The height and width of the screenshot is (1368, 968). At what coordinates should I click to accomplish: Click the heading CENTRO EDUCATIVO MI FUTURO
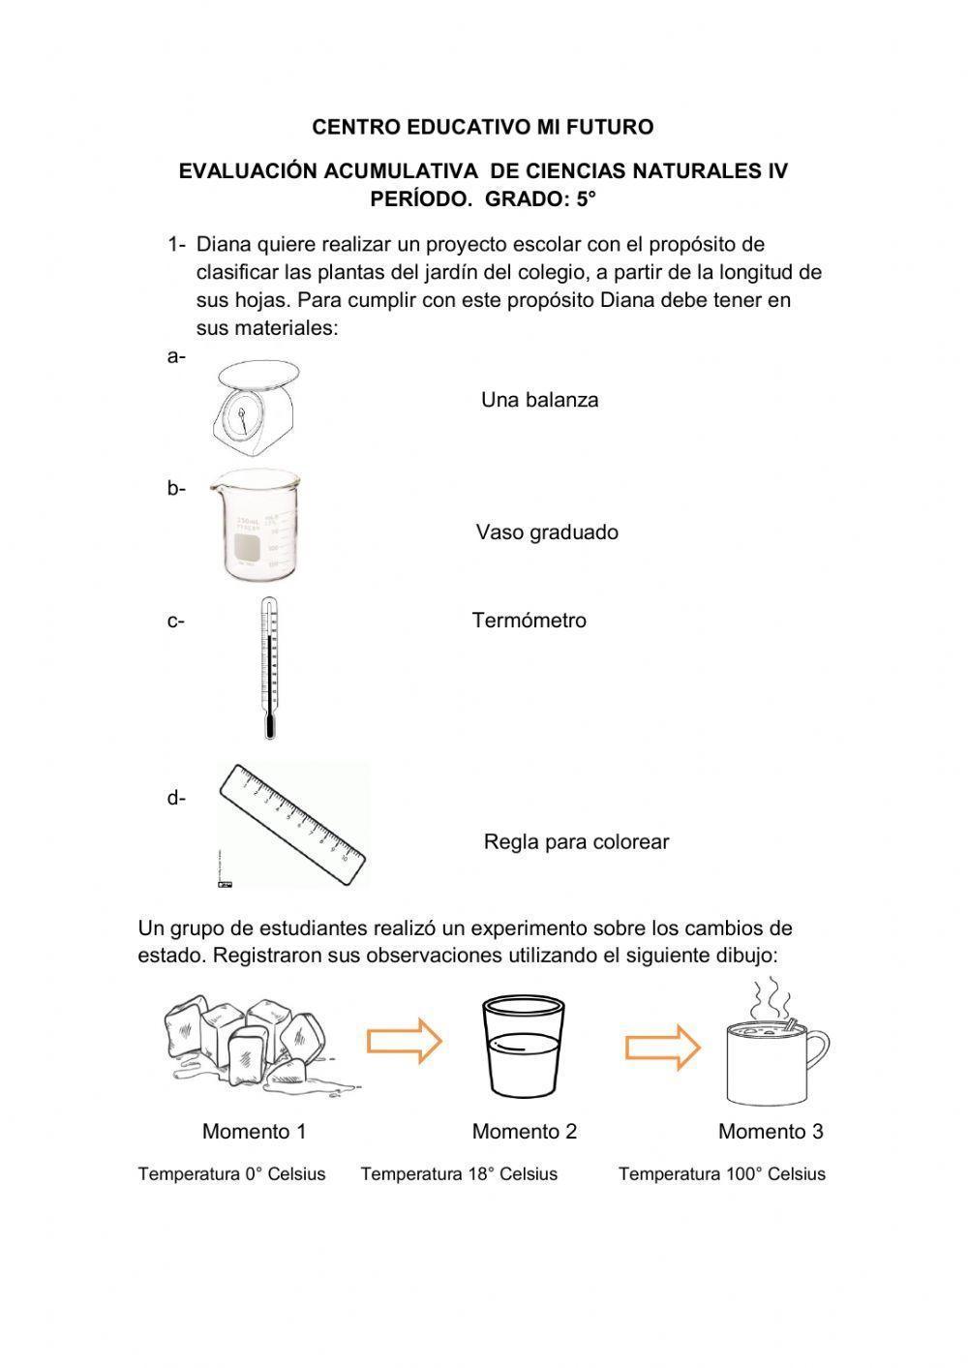pyautogui.click(x=482, y=127)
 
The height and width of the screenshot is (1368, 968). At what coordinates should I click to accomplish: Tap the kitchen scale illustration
pyautogui.click(x=253, y=410)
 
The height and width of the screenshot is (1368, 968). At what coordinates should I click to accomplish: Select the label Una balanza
pyautogui.click(x=539, y=400)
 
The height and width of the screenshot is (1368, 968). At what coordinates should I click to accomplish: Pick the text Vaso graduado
pyautogui.click(x=546, y=532)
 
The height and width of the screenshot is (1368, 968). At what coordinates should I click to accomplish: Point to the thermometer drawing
pyautogui.click(x=268, y=668)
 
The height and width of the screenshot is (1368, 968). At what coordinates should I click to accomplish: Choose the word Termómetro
pyautogui.click(x=529, y=621)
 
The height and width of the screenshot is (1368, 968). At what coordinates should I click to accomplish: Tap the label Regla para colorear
pyautogui.click(x=576, y=842)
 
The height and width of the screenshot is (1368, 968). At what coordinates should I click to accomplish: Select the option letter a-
pyautogui.click(x=175, y=357)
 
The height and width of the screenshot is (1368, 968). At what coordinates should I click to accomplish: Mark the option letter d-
pyautogui.click(x=175, y=799)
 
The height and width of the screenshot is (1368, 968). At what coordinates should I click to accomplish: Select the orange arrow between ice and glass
pyautogui.click(x=404, y=1042)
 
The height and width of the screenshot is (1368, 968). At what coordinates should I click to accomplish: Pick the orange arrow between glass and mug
pyautogui.click(x=662, y=1048)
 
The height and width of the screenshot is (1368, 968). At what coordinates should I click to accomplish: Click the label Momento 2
pyautogui.click(x=524, y=1132)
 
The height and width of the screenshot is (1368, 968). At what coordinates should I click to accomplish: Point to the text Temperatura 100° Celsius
pyautogui.click(x=721, y=1174)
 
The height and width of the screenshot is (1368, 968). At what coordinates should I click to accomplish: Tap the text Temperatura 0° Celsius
pyautogui.click(x=231, y=1174)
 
